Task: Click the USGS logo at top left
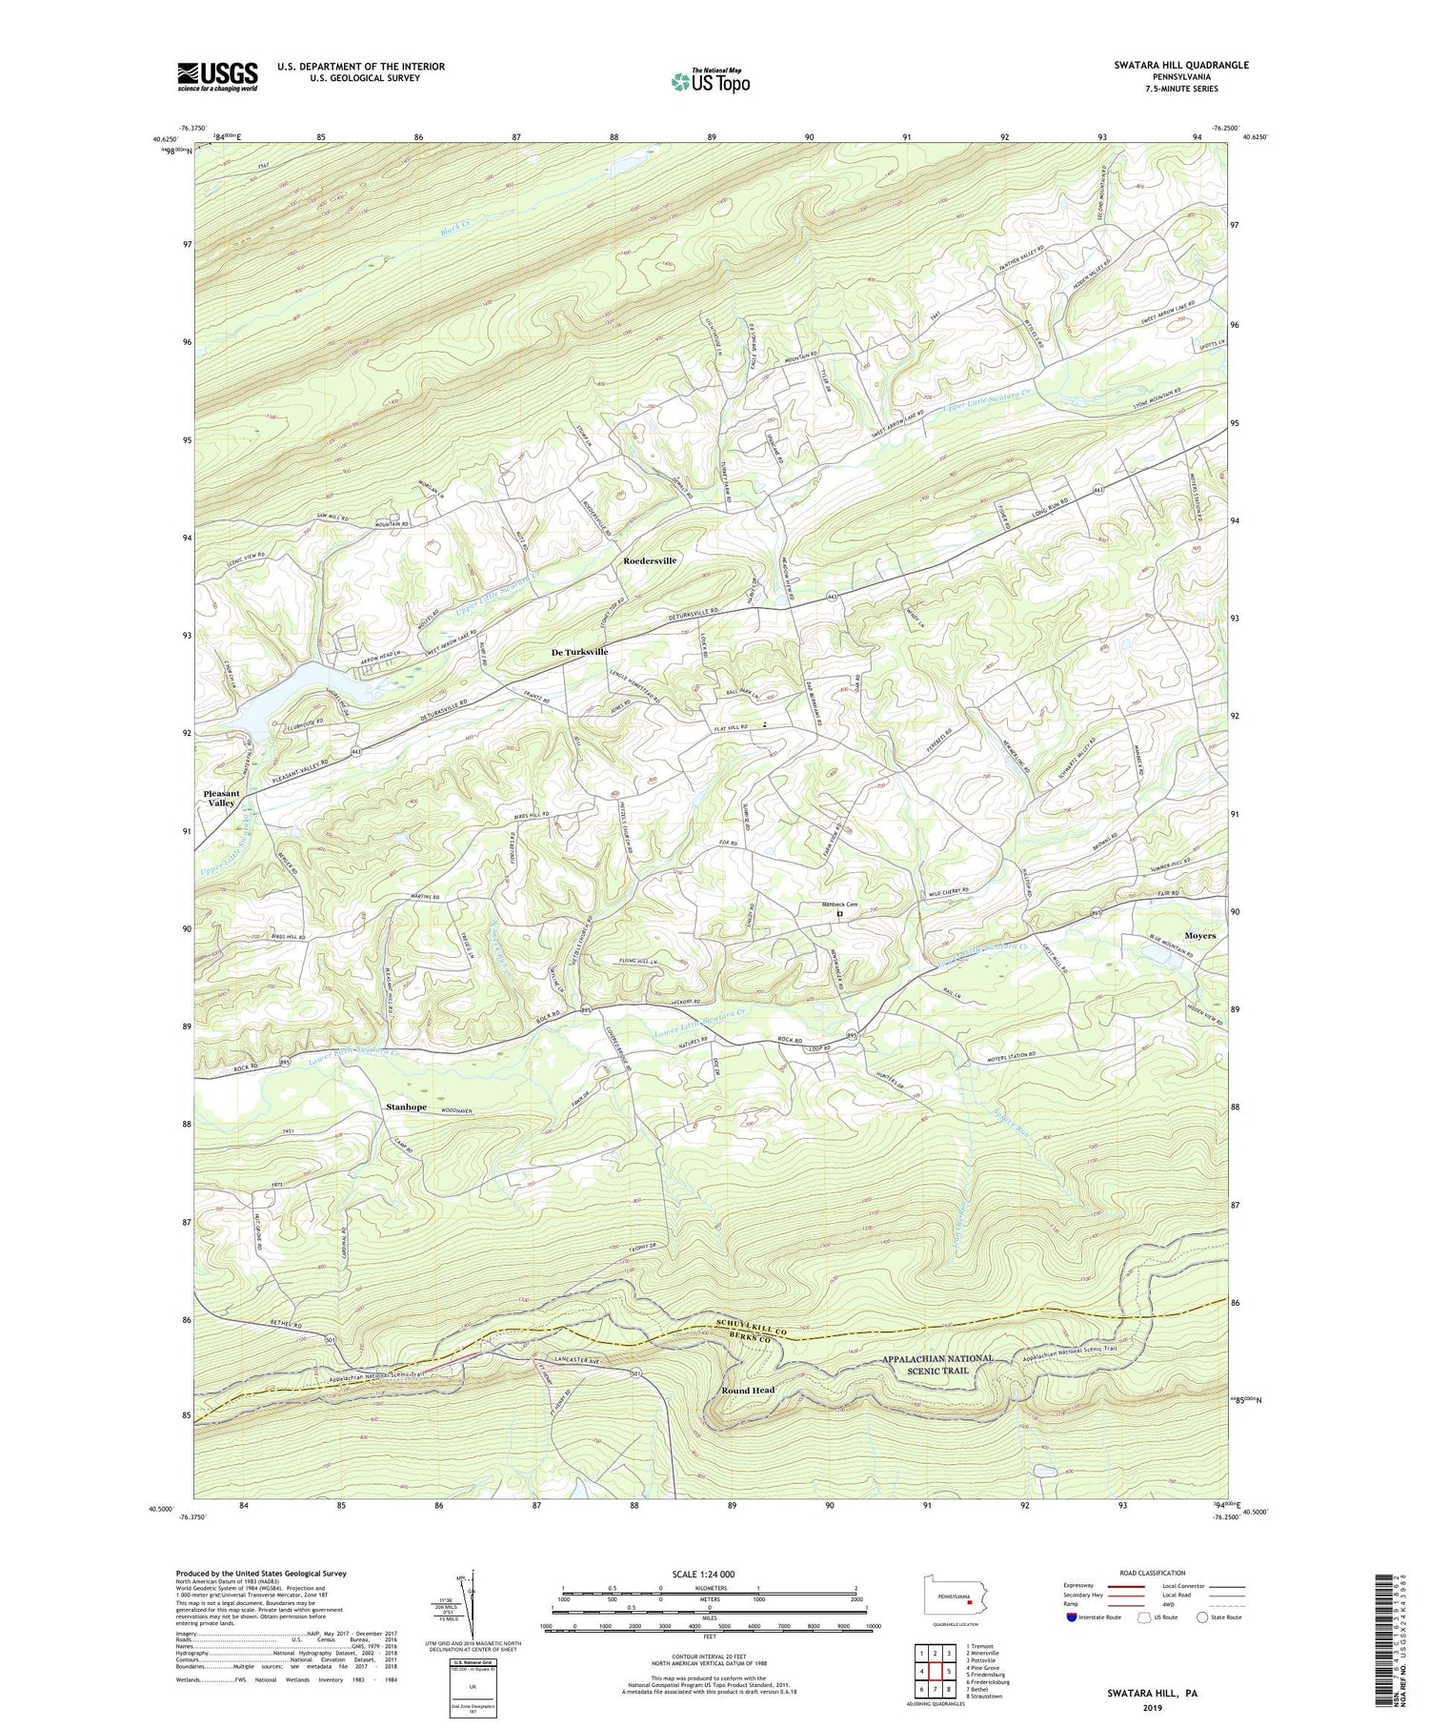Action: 217,76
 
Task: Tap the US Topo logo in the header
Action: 709,81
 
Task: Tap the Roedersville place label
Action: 650,560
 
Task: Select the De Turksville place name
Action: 579,652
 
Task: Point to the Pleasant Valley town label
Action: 221,798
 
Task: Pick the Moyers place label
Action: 1199,936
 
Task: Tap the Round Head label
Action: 748,1391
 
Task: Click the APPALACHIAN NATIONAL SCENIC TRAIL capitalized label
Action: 937,1364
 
